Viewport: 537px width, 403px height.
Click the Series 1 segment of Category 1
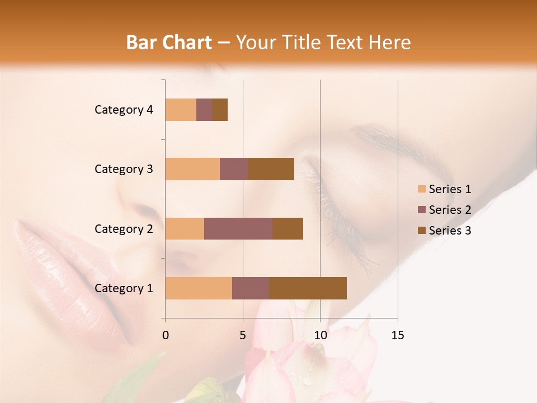point(199,288)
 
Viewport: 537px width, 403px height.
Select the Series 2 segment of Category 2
point(238,228)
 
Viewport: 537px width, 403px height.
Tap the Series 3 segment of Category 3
point(271,169)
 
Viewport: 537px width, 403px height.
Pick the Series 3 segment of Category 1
point(308,288)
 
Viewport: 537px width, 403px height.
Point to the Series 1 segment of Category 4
point(181,110)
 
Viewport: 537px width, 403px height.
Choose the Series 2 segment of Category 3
point(234,169)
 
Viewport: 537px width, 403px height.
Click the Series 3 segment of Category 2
point(288,228)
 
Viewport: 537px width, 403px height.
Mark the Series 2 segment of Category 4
point(204,110)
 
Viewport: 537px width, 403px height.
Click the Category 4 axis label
point(124,110)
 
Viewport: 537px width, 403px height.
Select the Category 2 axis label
point(124,229)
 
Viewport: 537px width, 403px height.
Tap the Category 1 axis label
point(124,288)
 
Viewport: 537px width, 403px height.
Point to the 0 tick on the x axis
point(166,335)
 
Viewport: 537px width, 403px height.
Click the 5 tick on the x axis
point(243,335)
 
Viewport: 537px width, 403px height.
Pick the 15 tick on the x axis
point(397,335)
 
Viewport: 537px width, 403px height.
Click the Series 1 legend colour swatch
point(421,189)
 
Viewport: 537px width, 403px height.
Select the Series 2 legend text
point(450,210)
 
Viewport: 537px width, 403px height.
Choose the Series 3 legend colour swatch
point(421,231)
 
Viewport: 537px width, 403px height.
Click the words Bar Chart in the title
point(169,43)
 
